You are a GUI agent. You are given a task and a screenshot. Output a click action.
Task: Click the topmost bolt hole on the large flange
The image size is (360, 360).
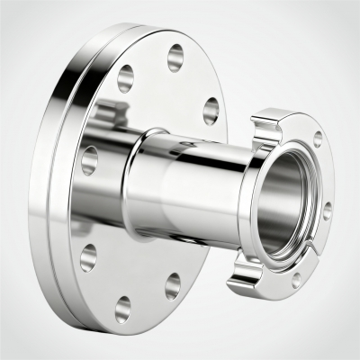point(175,54)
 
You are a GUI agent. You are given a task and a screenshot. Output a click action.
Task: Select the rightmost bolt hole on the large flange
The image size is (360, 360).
point(211,110)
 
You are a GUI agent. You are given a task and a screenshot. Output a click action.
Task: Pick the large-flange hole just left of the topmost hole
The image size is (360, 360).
point(125,76)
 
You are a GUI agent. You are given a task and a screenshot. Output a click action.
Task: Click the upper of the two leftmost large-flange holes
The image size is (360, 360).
point(88,159)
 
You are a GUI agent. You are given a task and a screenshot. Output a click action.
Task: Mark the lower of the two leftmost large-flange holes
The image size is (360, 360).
point(88,259)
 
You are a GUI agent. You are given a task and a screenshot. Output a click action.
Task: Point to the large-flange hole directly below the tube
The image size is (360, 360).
point(170,286)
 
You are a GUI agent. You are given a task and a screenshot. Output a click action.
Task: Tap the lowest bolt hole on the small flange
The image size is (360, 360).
point(296,280)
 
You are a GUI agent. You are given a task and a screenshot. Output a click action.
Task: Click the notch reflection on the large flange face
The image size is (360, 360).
point(108,112)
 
